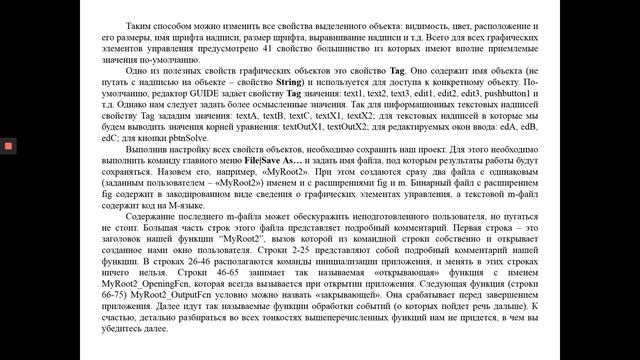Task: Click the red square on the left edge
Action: (x=6, y=146)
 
